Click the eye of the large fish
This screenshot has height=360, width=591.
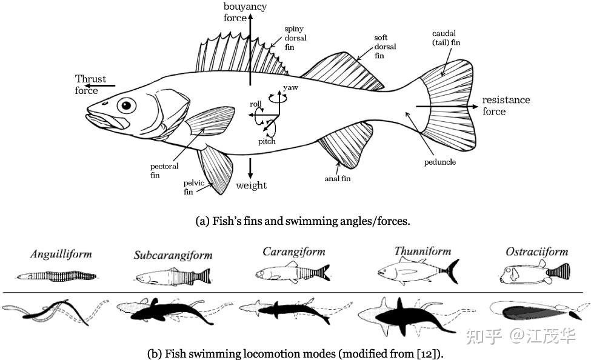pyautogui.click(x=126, y=105)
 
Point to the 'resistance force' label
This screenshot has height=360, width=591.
pyautogui.click(x=506, y=105)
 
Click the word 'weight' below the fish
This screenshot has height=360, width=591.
pyautogui.click(x=252, y=185)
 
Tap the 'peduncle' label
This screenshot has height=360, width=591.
pyautogui.click(x=440, y=162)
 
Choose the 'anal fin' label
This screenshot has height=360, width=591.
pyautogui.click(x=337, y=179)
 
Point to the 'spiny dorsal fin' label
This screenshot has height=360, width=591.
pyautogui.click(x=296, y=38)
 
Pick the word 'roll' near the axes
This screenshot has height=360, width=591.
pyautogui.click(x=255, y=104)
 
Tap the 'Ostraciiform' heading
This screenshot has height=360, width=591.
pyautogui.click(x=536, y=251)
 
